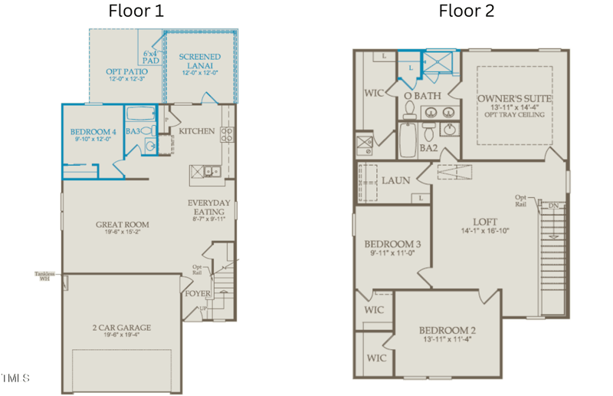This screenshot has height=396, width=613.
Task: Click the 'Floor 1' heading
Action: click(x=136, y=11)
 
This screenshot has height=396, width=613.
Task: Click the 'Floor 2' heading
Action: click(x=466, y=11)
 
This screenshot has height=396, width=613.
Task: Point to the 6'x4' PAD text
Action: click(x=151, y=57)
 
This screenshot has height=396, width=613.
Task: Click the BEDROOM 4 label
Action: click(x=93, y=130)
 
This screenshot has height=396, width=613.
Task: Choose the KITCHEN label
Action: click(x=197, y=131)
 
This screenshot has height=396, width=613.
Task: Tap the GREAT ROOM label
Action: click(x=123, y=225)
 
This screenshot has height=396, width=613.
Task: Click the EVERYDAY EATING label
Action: click(x=209, y=207)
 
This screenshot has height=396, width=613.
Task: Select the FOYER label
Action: click(x=197, y=293)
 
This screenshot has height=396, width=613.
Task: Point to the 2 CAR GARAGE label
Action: click(x=123, y=328)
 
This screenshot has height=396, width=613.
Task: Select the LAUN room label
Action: click(x=396, y=180)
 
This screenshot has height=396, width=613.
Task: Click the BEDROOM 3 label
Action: click(x=392, y=243)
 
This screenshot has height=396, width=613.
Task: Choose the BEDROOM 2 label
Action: click(x=447, y=331)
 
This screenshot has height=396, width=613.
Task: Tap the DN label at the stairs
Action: click(x=553, y=206)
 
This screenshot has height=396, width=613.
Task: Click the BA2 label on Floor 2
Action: click(x=428, y=148)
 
